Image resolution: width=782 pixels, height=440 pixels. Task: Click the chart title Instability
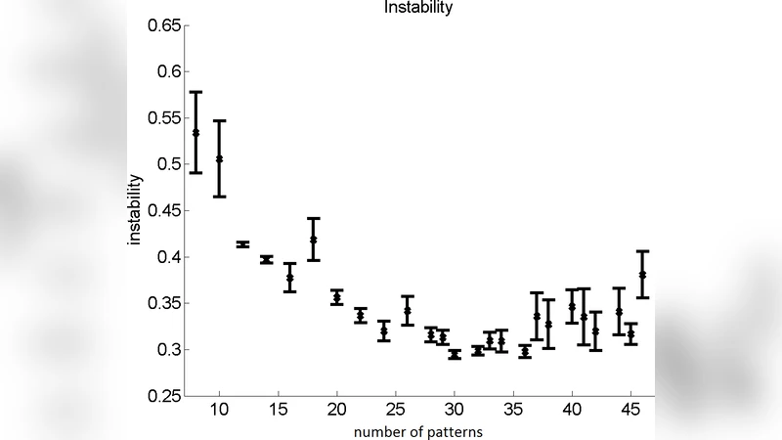418,7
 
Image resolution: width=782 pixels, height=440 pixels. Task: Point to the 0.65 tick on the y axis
164,25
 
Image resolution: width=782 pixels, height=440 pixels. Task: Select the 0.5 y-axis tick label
168,164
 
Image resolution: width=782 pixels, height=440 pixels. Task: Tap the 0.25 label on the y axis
164,396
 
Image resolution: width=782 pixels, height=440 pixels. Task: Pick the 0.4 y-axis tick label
168,257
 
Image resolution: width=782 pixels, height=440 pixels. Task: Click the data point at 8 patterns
195,133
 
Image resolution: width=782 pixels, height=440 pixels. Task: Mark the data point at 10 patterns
219,158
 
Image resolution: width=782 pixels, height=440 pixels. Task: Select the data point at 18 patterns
314,240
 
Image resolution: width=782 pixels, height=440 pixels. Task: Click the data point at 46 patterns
642,275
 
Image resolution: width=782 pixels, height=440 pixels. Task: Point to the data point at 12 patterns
242,244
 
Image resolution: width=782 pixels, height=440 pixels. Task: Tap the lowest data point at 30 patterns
455,355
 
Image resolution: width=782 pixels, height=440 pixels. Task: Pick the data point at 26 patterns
408,311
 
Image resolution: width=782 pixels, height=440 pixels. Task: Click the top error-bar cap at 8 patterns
195,92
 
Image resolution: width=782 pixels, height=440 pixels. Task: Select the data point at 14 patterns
266,259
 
